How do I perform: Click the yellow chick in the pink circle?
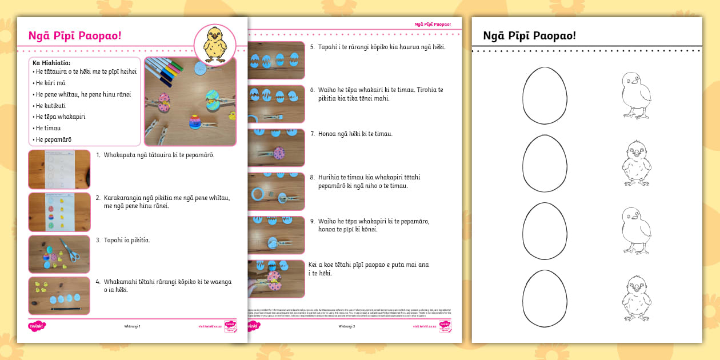click(215, 44)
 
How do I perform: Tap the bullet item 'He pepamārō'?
click(54, 139)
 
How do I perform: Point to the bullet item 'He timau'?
click(48, 128)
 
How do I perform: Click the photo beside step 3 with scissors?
click(59, 254)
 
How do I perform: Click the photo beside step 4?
click(59, 295)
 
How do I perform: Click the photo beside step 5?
click(276, 60)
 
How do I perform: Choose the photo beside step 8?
click(276, 191)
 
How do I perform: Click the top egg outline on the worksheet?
click(545, 95)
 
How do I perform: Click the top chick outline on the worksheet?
click(635, 95)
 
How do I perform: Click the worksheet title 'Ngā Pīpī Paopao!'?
click(529, 36)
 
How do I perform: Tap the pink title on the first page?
click(75, 36)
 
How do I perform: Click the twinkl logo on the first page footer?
click(37, 326)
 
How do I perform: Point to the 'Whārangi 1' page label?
click(132, 326)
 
